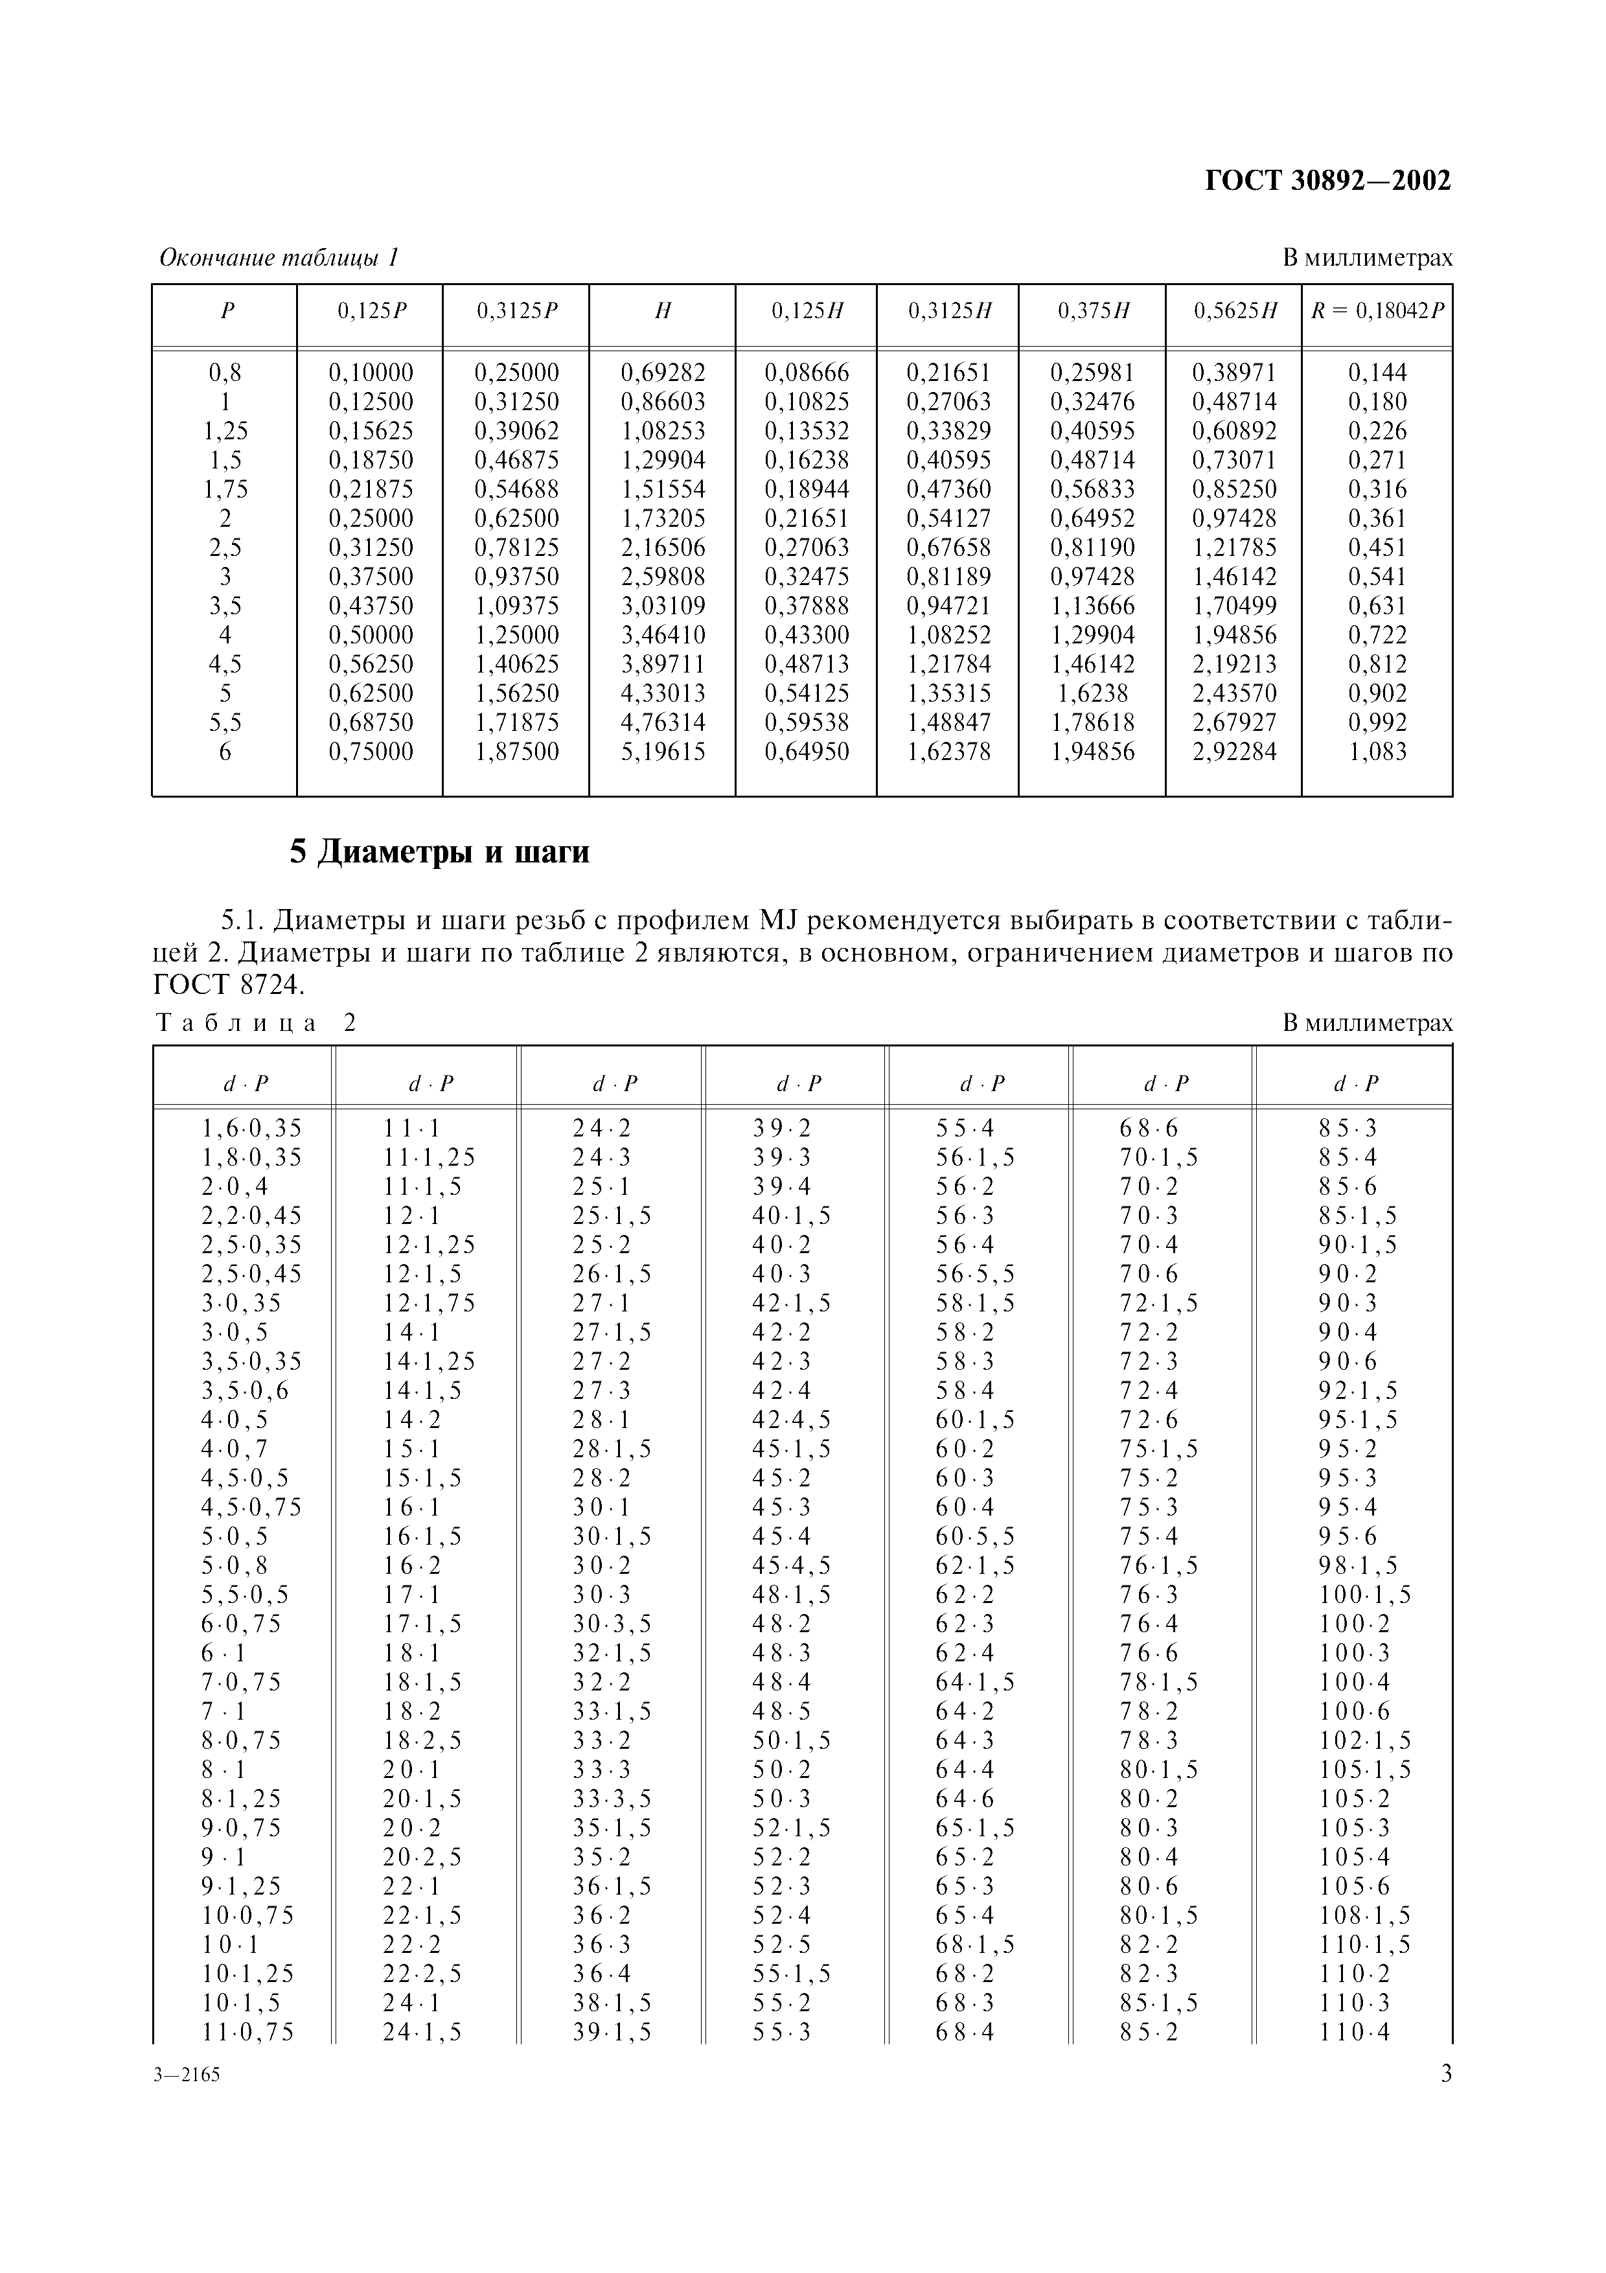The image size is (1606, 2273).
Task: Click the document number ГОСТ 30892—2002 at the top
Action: point(1328,181)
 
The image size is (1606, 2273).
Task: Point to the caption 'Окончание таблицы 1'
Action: point(279,259)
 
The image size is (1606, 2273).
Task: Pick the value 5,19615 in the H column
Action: point(663,752)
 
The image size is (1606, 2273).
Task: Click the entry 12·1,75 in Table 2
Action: point(430,1304)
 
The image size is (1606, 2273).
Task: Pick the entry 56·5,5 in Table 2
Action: point(976,1274)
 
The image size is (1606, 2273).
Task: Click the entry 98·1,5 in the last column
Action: point(1358,1566)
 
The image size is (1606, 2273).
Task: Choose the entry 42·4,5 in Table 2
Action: point(792,1420)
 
